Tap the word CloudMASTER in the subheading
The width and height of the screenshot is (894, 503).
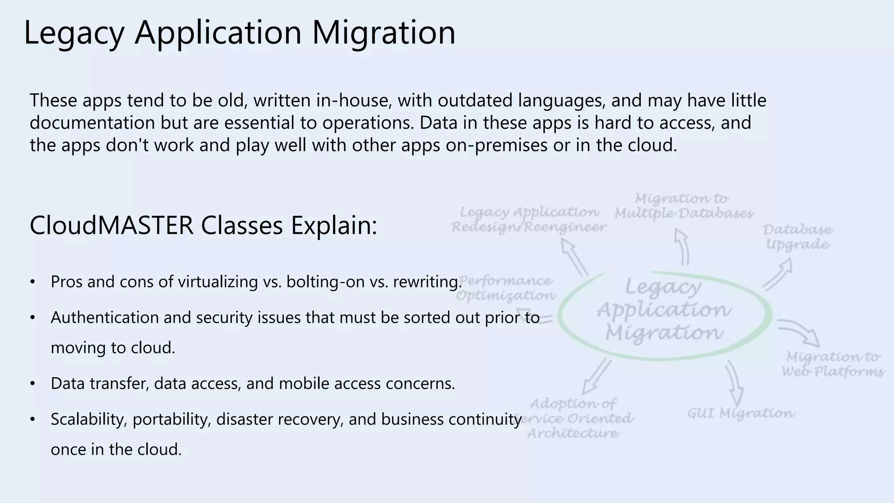point(111,226)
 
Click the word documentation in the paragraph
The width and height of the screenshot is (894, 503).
point(92,123)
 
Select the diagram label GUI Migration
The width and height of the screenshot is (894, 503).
point(741,413)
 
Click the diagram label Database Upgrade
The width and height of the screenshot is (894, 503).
point(798,237)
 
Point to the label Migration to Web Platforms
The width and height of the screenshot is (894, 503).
point(833,364)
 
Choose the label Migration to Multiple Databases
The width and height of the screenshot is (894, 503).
point(684,206)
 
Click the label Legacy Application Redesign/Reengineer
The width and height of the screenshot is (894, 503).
point(529,220)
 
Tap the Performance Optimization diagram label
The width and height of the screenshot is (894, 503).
point(506,288)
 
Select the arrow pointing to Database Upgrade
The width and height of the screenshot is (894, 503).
point(778,274)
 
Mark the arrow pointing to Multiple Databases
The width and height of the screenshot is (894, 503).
point(682,247)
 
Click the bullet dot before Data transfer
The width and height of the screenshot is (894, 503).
point(32,384)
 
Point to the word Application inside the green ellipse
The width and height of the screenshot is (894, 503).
point(664,310)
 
